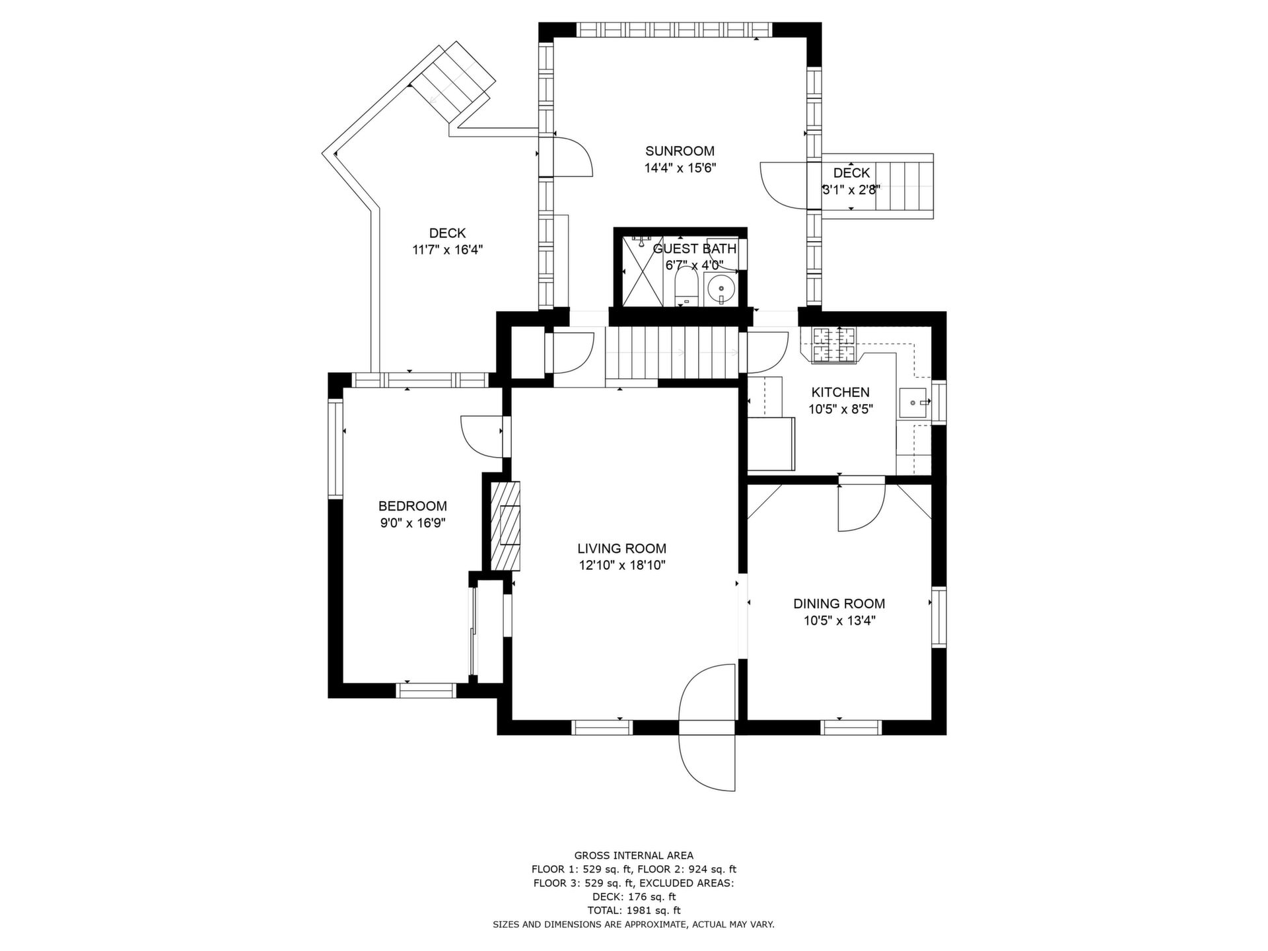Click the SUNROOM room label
click(680, 151)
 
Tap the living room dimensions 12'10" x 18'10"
click(621, 565)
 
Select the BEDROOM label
click(412, 506)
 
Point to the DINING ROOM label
click(839, 604)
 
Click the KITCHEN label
click(840, 392)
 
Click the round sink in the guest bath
click(721, 289)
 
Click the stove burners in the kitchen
click(833, 345)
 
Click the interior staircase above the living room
click(672, 353)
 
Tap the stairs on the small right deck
click(903, 186)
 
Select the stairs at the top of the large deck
click(452, 83)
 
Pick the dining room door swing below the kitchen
click(861, 509)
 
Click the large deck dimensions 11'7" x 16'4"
click(448, 250)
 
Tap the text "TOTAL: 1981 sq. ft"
click(634, 911)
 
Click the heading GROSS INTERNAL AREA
click(634, 856)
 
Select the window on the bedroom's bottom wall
click(426, 690)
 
